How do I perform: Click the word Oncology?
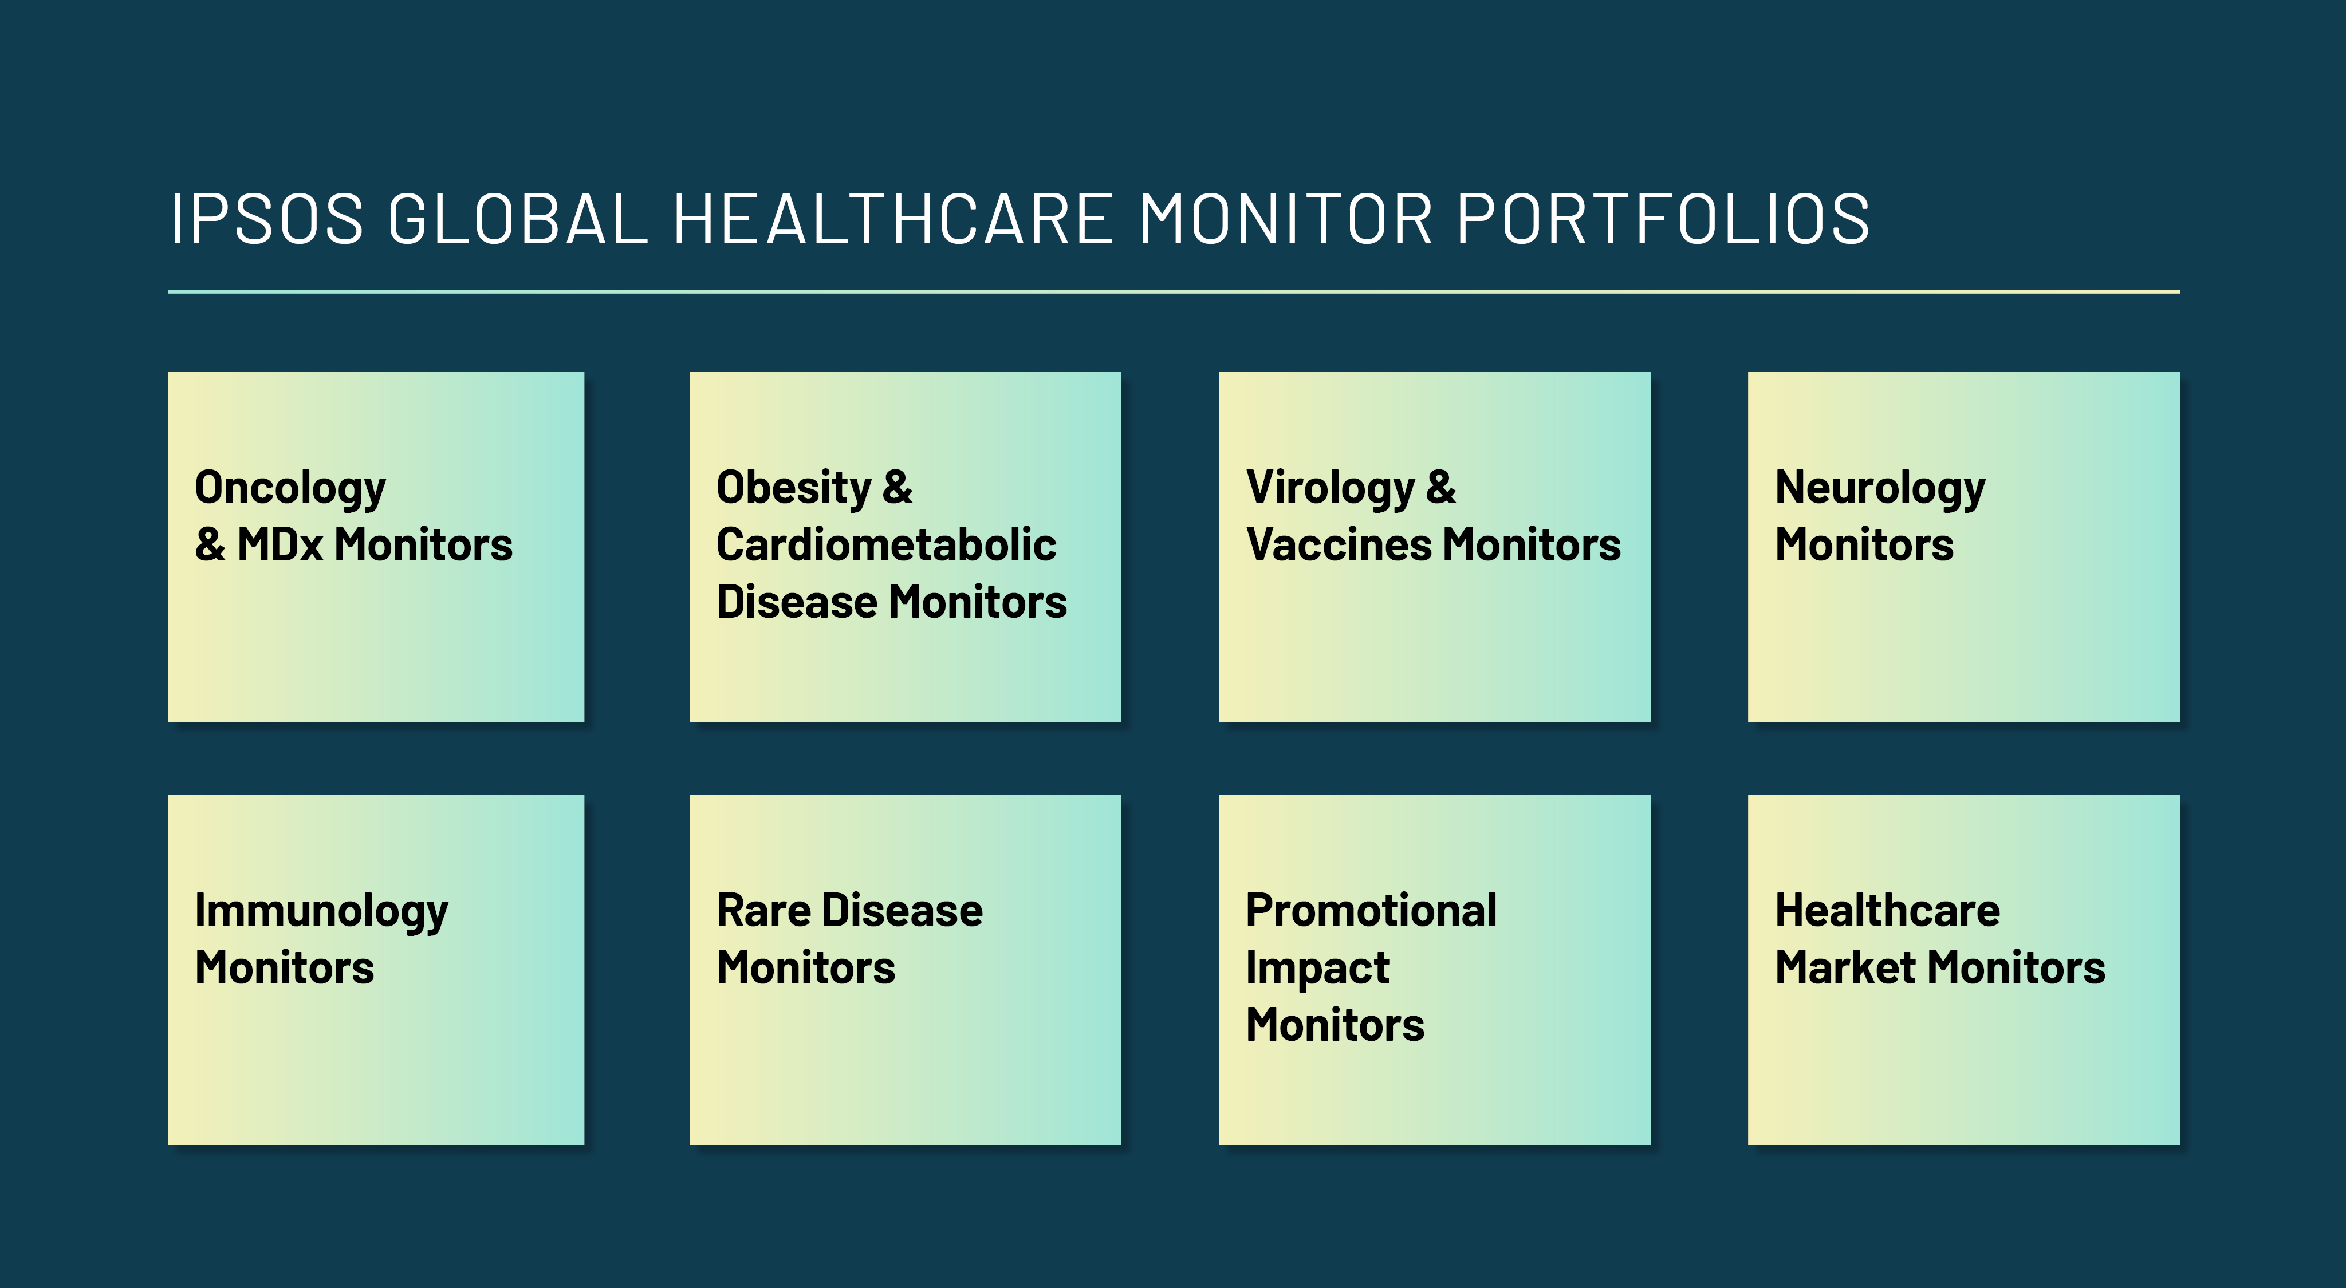pos(290,489)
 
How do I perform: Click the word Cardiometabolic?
pos(886,545)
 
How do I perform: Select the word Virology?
pos(1329,489)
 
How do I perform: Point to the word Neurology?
pos(1880,489)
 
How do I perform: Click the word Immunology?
pos(321,912)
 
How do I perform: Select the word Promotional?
pos(1371,911)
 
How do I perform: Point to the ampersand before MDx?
pos(210,545)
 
